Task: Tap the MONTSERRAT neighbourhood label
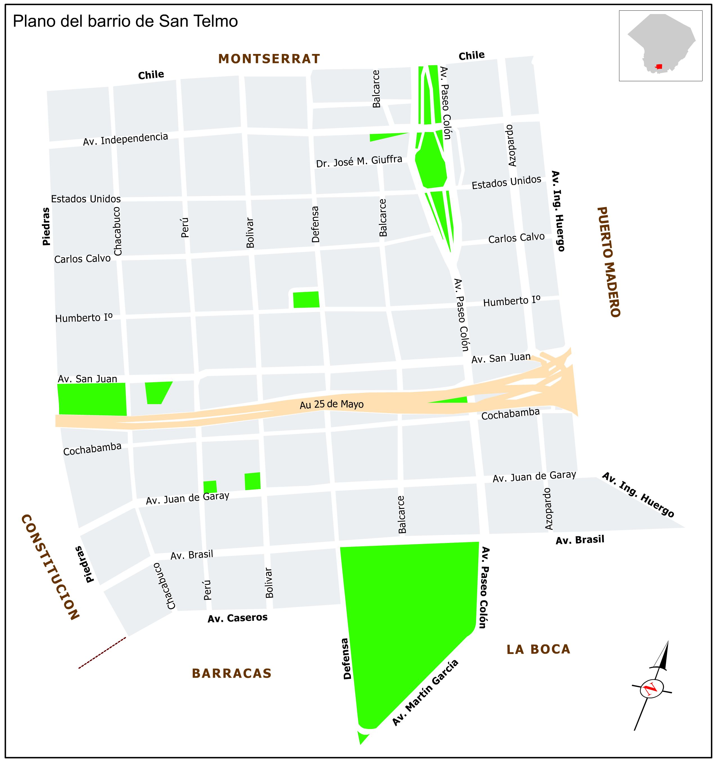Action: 269,59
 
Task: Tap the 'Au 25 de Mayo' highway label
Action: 332,404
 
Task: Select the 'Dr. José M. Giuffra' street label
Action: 359,162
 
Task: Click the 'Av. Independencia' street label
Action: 126,139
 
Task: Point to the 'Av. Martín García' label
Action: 425,693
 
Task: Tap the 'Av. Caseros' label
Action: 237,618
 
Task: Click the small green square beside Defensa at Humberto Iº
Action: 306,300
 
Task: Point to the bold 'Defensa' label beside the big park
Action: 346,658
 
